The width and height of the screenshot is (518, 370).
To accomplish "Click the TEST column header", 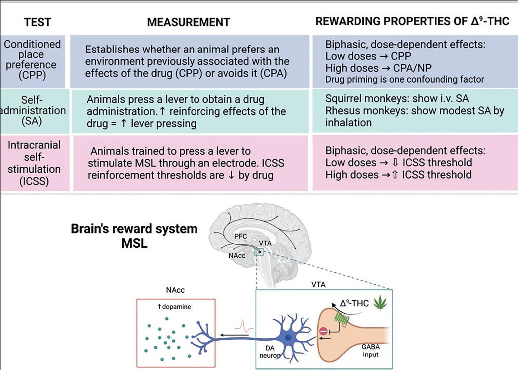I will point(38,22).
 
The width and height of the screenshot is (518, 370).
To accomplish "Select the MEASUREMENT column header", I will point(188,22).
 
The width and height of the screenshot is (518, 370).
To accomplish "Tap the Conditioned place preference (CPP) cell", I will point(32,60).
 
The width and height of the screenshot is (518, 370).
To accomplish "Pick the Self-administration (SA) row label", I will point(32,110).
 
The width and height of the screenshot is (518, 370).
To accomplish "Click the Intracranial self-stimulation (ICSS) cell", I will point(34,163).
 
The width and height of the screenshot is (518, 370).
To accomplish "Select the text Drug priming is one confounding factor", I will point(404,79).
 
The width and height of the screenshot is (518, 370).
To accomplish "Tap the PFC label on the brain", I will point(240,236).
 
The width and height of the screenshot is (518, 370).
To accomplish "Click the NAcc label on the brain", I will point(237,256).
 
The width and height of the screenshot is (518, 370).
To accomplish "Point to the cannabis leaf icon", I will point(380,303).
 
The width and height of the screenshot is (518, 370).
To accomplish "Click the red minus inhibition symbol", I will point(323,331).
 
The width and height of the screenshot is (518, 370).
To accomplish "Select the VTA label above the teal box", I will point(318,285).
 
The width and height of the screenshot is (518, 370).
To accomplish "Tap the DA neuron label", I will point(270,352).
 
